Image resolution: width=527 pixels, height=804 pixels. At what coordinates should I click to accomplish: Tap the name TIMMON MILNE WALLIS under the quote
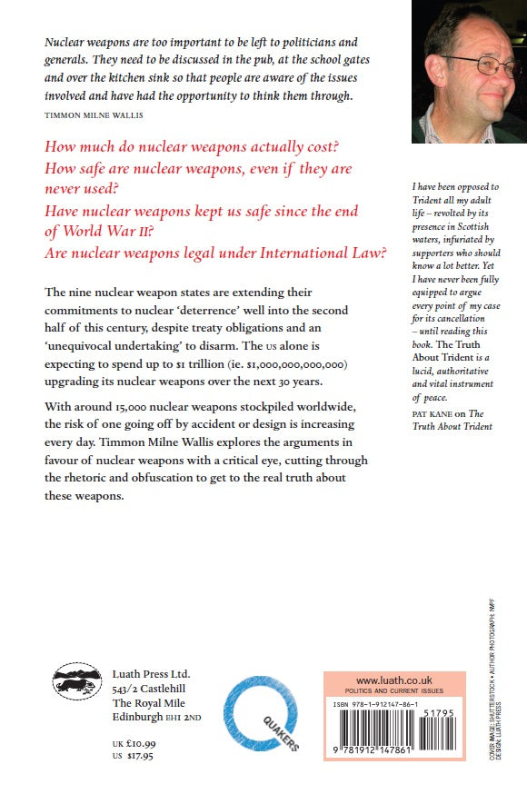[x=95, y=115]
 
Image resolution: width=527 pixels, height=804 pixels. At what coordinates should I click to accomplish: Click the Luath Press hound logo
[x=75, y=680]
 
